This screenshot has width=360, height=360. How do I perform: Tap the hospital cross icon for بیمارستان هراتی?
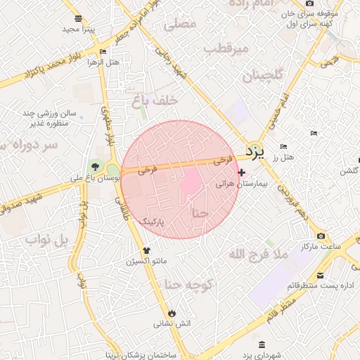[x=242, y=172]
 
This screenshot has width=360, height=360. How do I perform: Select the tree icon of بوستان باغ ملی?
[x=94, y=167]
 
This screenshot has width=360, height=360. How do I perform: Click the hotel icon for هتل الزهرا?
[x=103, y=52]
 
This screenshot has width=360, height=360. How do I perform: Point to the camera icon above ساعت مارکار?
[x=321, y=236]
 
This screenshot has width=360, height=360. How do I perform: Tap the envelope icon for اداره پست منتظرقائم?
[x=321, y=275]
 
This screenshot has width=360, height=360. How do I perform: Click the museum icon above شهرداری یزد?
[x=262, y=345]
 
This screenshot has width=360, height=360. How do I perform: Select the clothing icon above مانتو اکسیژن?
[x=146, y=250]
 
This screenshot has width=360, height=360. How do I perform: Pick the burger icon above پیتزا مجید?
[x=77, y=19]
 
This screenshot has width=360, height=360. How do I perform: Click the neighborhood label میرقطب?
[x=226, y=49]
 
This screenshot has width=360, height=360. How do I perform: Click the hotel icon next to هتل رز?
[x=283, y=146]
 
